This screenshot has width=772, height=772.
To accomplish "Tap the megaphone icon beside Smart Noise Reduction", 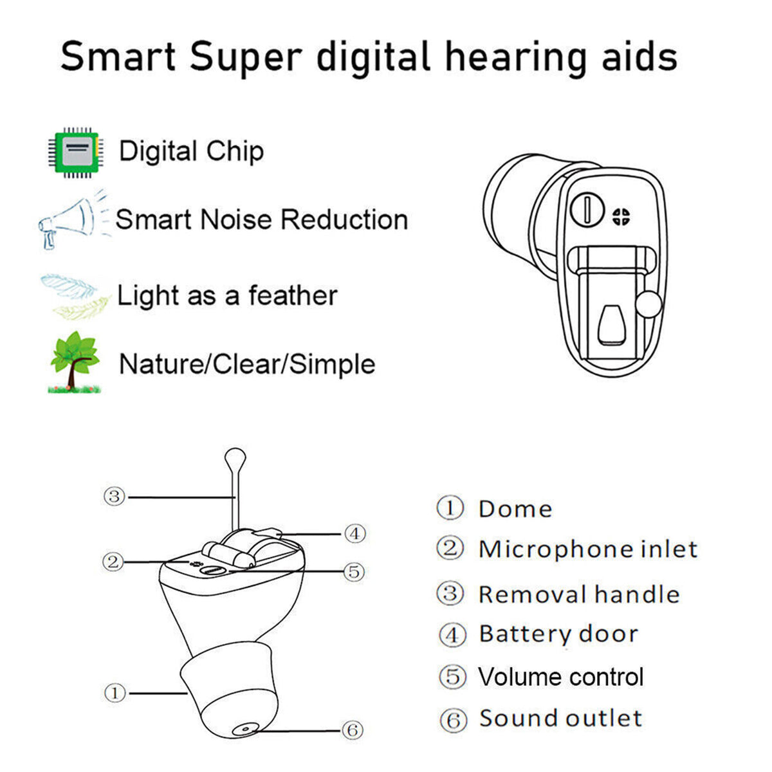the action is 74,219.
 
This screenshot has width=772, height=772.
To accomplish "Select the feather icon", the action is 75,297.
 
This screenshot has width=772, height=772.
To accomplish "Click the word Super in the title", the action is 246,58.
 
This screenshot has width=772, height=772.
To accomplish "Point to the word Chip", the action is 235,152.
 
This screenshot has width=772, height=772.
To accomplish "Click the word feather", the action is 293,296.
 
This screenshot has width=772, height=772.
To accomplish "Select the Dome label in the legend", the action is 515,509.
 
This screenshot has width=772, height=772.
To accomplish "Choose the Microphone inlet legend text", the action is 588,549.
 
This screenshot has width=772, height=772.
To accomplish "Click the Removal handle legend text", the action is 579,594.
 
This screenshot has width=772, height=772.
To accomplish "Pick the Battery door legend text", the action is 558,634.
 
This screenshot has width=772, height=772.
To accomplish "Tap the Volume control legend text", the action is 561,677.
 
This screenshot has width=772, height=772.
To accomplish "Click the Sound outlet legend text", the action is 561,718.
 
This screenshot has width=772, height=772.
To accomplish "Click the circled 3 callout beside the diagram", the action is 114,497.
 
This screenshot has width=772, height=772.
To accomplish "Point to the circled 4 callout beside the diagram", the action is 355,533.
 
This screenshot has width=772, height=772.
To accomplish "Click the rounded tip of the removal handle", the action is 235,458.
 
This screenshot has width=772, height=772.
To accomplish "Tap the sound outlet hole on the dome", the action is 244,729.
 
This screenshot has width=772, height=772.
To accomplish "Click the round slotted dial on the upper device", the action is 587,208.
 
